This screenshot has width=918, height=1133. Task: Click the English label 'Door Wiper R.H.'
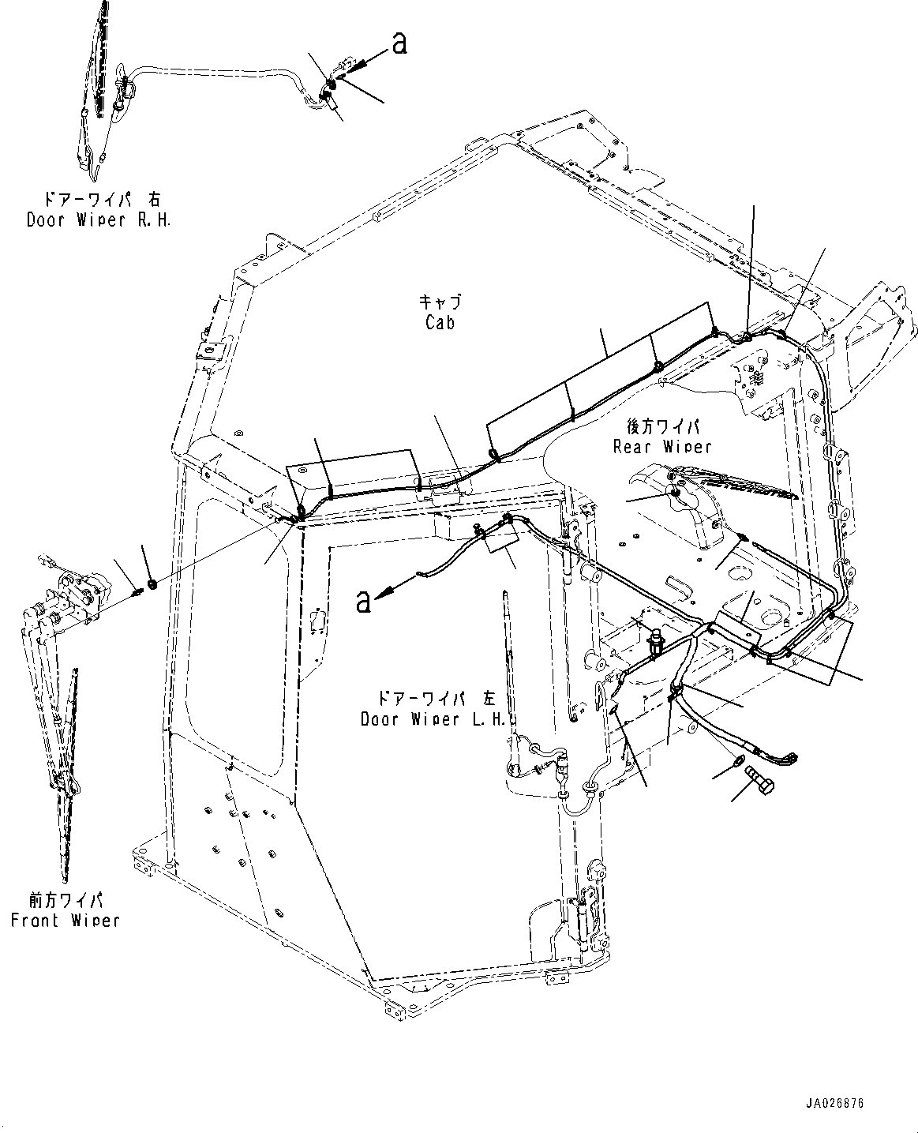tap(99, 220)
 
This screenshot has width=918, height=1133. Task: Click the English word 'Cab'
tap(440, 322)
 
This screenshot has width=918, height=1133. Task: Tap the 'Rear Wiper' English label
tap(662, 446)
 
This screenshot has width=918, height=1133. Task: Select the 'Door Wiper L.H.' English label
tap(433, 719)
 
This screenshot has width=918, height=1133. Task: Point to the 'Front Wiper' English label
tap(65, 920)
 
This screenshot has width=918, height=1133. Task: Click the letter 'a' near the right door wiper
tap(399, 44)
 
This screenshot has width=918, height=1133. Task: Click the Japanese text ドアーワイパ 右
tap(99, 201)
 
